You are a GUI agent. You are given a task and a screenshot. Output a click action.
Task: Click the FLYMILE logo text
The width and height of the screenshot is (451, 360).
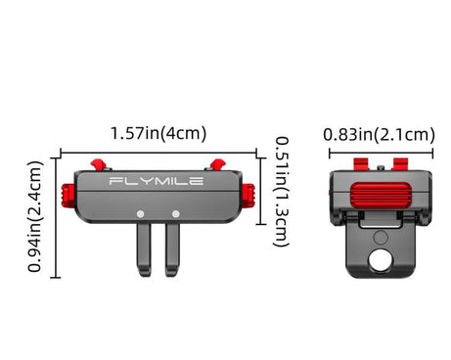(157, 181)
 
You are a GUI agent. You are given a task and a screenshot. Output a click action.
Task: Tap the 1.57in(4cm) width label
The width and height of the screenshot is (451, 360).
(158, 133)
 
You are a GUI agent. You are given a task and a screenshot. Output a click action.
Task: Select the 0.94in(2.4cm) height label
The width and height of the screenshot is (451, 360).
(35, 216)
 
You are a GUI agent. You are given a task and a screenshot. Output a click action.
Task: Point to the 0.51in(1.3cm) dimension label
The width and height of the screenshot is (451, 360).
(281, 192)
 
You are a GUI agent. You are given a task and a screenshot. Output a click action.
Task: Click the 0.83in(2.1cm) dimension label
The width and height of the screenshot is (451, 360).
(379, 135)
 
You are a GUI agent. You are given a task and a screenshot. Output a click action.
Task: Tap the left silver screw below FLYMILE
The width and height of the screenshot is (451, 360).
(141, 214)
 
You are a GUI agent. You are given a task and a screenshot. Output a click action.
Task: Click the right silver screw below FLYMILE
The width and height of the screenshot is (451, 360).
(176, 214)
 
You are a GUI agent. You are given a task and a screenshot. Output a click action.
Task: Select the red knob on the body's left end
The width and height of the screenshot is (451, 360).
(68, 196)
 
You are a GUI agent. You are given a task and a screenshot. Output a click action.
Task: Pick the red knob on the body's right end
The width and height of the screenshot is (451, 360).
(248, 195)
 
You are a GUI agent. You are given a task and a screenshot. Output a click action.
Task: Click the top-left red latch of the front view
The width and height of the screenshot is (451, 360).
(98, 164)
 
